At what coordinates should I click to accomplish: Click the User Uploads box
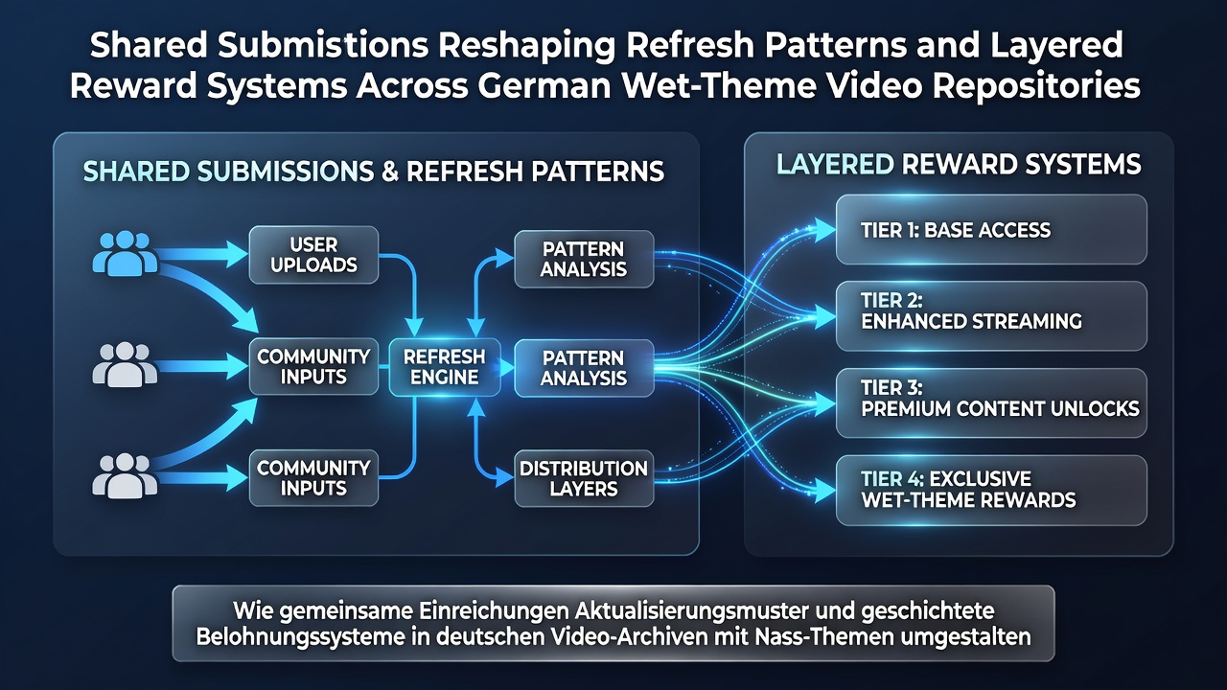coord(313,255)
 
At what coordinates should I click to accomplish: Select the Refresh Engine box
coord(444,367)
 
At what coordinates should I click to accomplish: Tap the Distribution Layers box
coord(584,478)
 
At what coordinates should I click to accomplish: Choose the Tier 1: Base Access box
coord(991,229)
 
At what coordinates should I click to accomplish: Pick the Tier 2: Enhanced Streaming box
coord(991,316)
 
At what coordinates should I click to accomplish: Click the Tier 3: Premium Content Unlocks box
coord(991,403)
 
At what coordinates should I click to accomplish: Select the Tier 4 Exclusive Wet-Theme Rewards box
coord(991,490)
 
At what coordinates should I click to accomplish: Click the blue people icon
coord(125,253)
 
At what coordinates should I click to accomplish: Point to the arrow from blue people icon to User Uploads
coord(202,254)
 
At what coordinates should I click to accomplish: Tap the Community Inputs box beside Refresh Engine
coord(313,366)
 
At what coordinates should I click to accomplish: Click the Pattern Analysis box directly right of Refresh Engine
coord(584,368)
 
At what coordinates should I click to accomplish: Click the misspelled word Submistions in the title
coord(323,45)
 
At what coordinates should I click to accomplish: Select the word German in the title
coord(544,85)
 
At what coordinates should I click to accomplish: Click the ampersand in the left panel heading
coord(389,172)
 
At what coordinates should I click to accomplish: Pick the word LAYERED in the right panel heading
coord(835,164)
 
